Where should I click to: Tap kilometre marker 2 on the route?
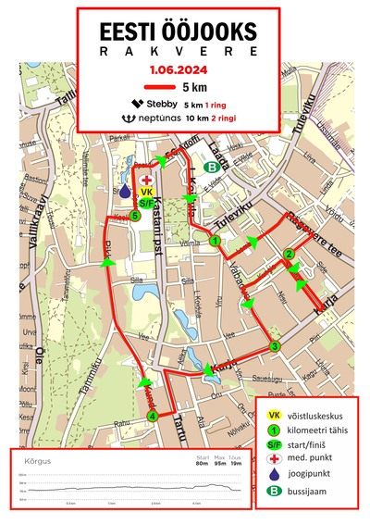click(x=289, y=255)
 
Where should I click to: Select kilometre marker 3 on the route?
click(x=274, y=346)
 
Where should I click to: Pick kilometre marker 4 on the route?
click(x=151, y=416)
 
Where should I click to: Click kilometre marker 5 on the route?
click(x=136, y=216)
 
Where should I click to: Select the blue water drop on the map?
click(x=125, y=190)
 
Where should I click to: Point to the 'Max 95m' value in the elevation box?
click(x=219, y=460)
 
